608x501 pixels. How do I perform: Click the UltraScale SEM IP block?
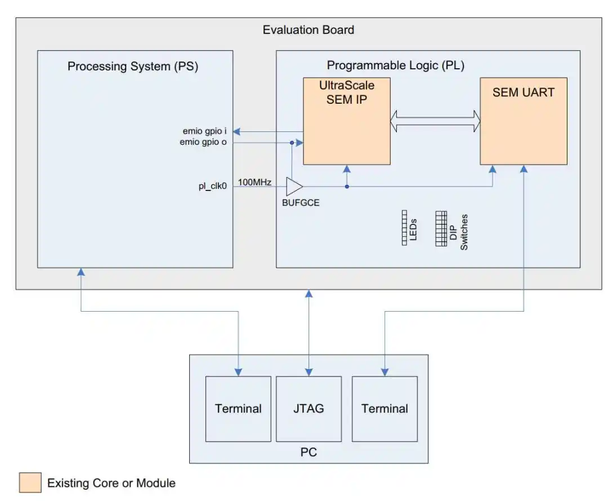[x=347, y=121]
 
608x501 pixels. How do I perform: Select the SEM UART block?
[x=523, y=121]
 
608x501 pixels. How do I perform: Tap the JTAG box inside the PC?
[x=309, y=409]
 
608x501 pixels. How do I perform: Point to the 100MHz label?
[x=255, y=182]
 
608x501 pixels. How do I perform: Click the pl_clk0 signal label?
[x=212, y=186]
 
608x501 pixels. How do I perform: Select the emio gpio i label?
[x=204, y=132]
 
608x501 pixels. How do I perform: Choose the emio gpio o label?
[x=203, y=143]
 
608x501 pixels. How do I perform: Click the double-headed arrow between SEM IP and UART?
[x=435, y=119]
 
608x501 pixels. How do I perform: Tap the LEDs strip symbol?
[x=404, y=228]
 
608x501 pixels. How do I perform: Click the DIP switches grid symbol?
[x=441, y=228]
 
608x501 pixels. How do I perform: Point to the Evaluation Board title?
[x=309, y=30]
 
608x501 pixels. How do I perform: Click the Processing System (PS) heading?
[x=133, y=66]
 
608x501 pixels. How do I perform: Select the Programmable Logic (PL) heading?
[x=396, y=65]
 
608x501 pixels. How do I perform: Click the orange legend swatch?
[x=30, y=482]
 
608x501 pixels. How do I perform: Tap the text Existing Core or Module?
[x=111, y=483]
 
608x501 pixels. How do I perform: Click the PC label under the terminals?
[x=309, y=453]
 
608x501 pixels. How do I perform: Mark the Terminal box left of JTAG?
[x=238, y=409]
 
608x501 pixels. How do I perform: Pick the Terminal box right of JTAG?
[x=385, y=409]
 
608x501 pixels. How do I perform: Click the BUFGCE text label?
[x=301, y=203]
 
